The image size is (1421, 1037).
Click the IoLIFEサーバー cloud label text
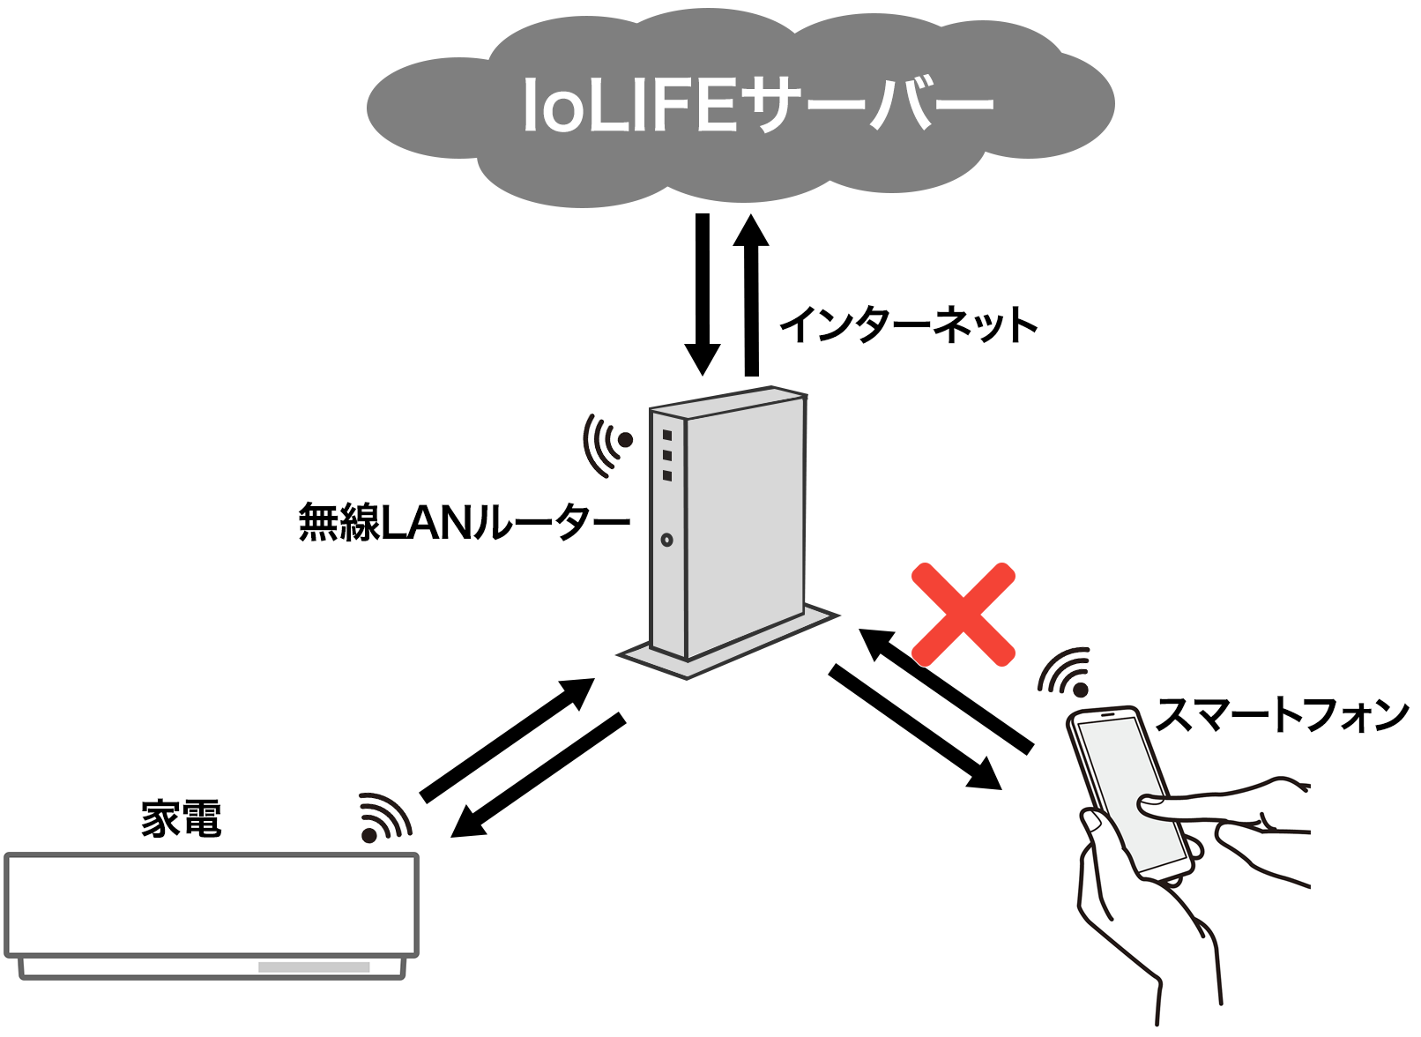point(759,105)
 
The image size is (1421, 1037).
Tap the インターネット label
point(908,325)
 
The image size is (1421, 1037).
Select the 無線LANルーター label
point(464,522)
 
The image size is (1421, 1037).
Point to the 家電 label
point(182,818)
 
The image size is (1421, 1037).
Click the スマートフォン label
point(1282,715)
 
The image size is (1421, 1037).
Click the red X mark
point(963,615)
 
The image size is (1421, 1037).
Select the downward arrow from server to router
point(703,295)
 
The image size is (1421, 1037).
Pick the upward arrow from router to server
point(751,295)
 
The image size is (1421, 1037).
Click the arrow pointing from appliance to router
point(508,739)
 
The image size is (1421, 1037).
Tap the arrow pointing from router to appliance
point(538,775)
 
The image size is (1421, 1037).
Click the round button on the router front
point(666,540)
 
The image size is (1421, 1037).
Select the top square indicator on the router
point(666,435)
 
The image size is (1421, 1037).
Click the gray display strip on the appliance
point(314,967)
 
